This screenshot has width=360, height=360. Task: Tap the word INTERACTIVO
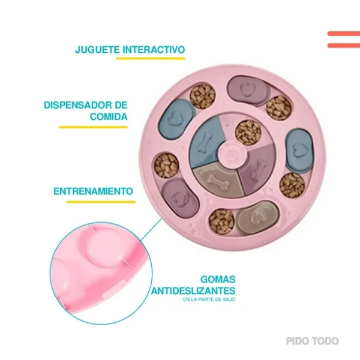click(x=154, y=50)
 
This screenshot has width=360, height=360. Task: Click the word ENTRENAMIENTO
click(x=93, y=191)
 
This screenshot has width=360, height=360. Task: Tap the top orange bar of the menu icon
click(x=344, y=34)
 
